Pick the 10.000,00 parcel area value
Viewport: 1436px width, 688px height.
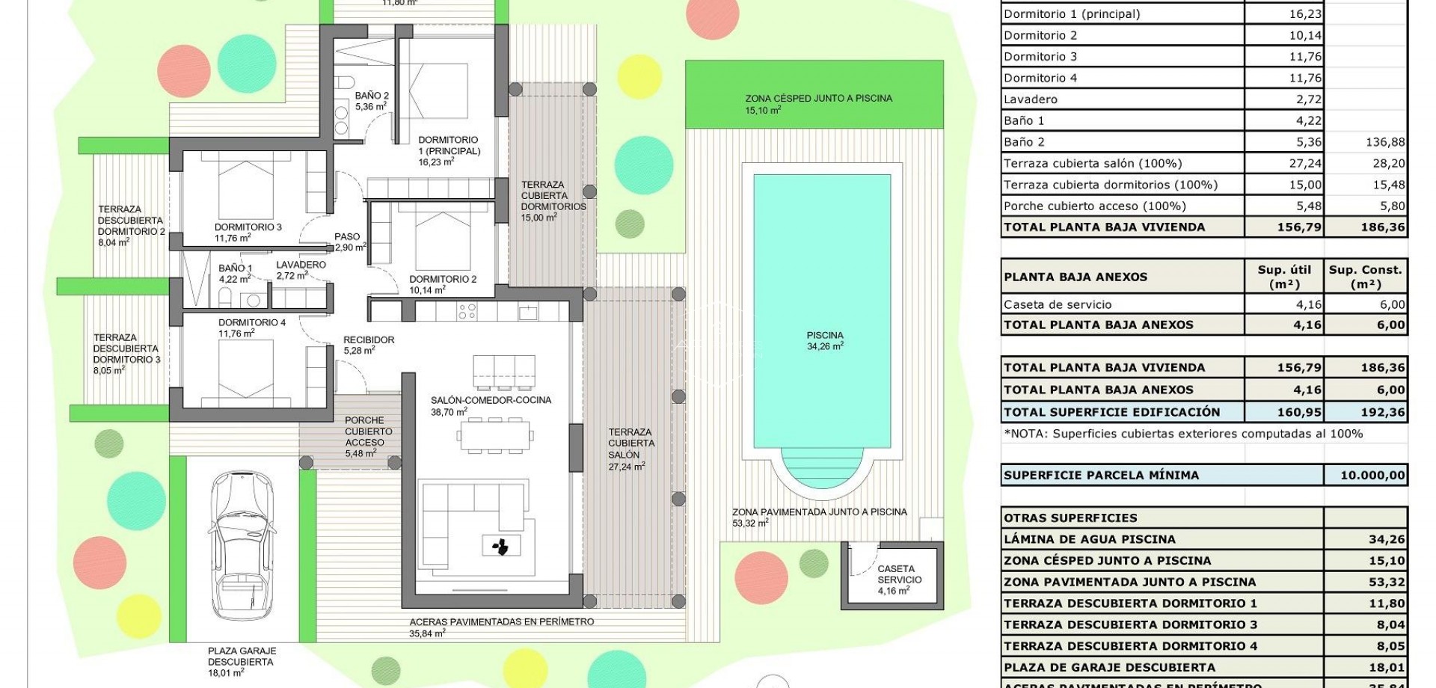pyautogui.click(x=1372, y=475)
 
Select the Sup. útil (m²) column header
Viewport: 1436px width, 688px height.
pyautogui.click(x=1283, y=277)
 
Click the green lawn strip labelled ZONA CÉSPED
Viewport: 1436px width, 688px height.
pyautogui.click(x=818, y=93)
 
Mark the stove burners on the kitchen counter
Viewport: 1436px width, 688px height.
pyautogui.click(x=467, y=310)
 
